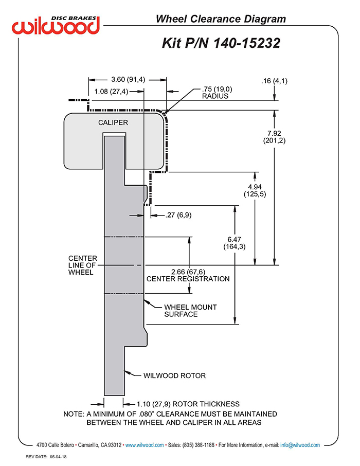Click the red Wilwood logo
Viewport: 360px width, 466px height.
click(x=56, y=25)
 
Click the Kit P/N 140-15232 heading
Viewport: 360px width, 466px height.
click(x=221, y=43)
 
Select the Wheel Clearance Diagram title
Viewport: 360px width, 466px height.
click(x=221, y=19)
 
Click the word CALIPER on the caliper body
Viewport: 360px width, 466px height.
click(x=113, y=122)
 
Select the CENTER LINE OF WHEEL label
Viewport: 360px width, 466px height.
click(x=83, y=265)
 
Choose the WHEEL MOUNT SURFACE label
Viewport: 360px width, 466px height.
click(x=190, y=311)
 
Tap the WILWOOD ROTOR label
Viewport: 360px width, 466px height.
click(x=174, y=375)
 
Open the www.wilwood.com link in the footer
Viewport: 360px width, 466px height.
click(x=145, y=445)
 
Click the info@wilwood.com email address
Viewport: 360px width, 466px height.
click(x=300, y=445)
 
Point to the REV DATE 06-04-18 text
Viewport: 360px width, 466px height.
click(x=46, y=457)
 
